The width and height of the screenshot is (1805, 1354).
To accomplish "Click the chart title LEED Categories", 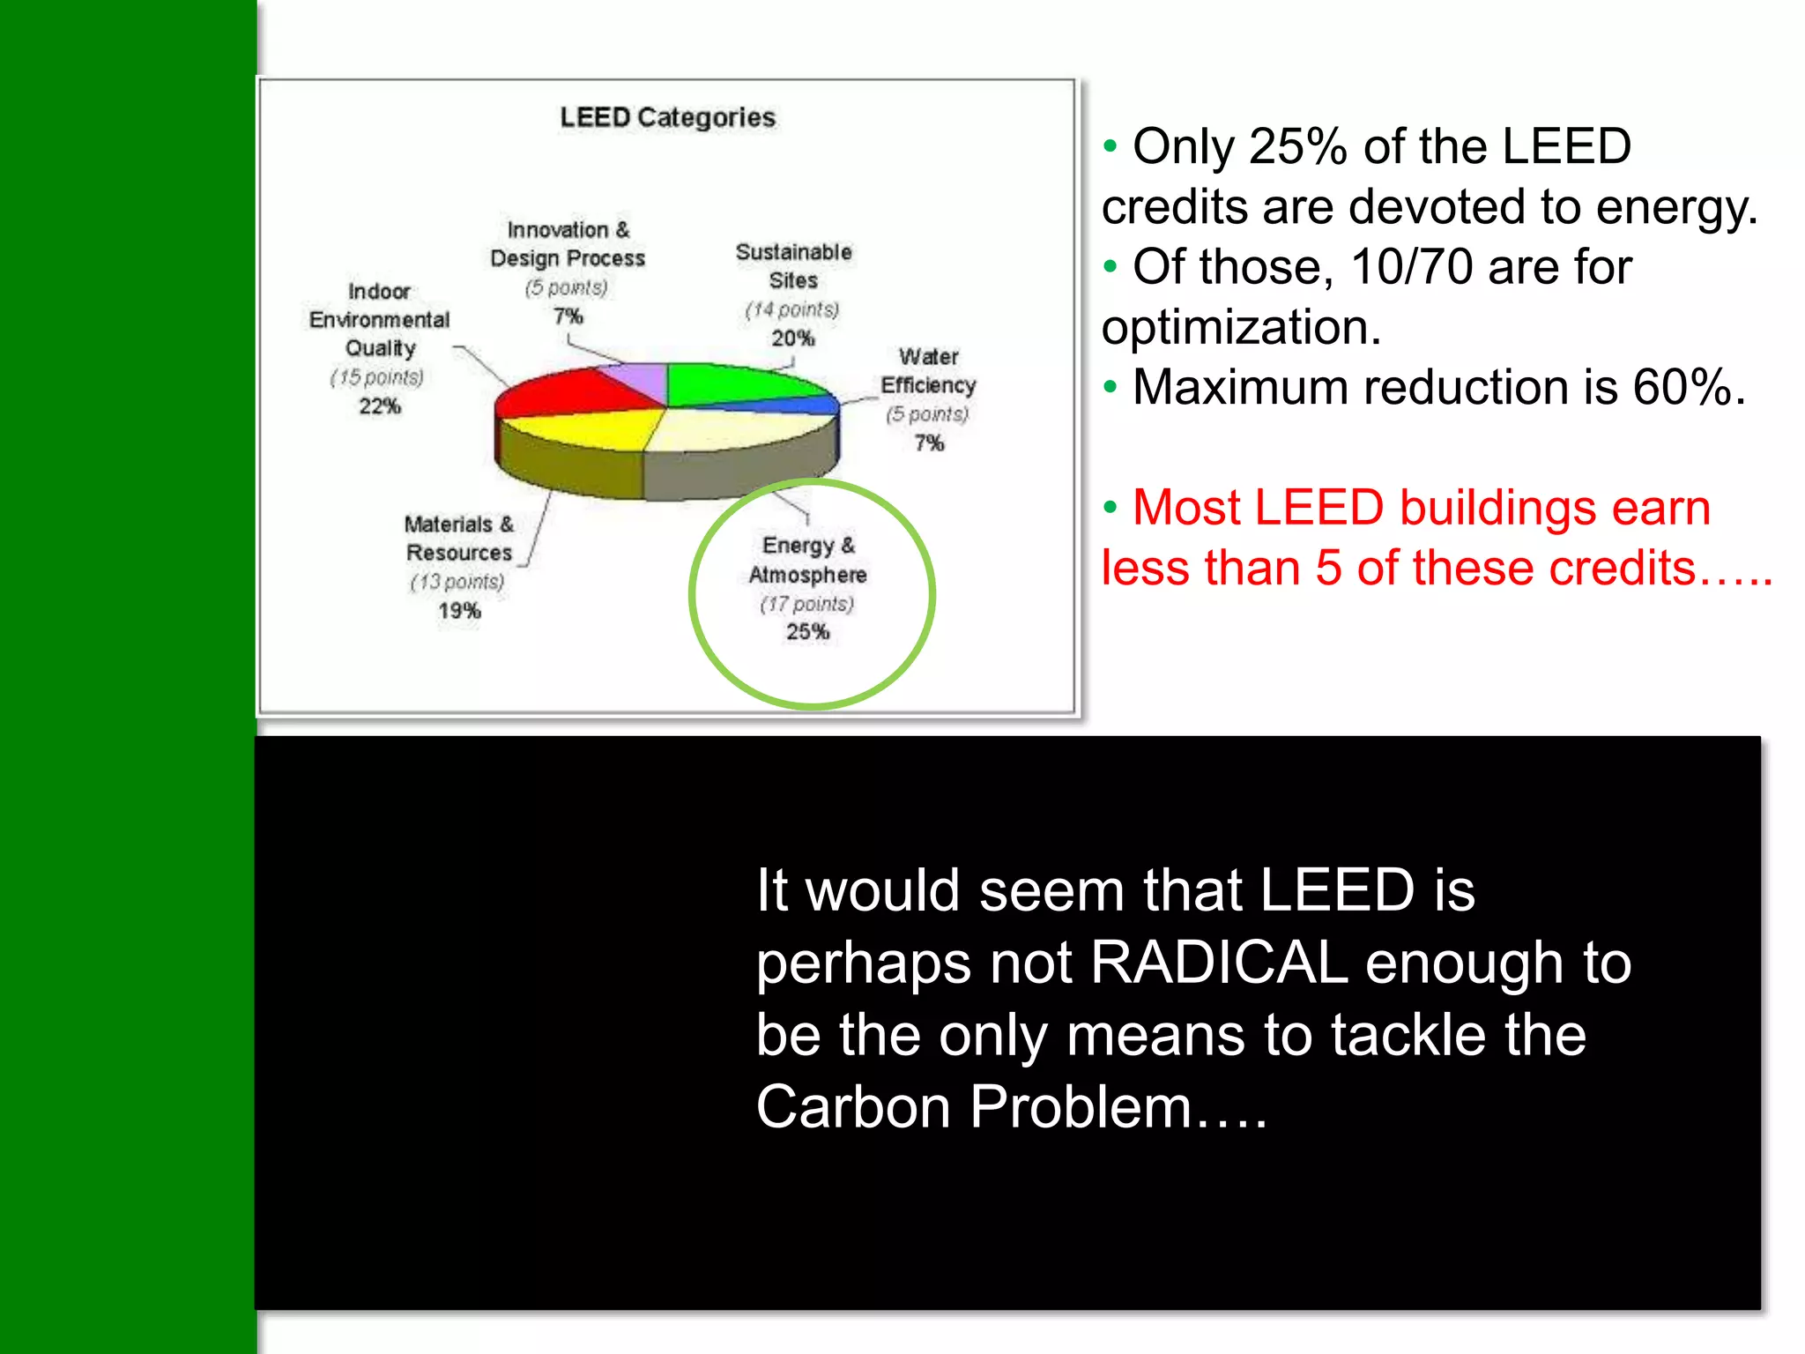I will [x=667, y=117].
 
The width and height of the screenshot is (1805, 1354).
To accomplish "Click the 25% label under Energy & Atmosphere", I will [x=807, y=631].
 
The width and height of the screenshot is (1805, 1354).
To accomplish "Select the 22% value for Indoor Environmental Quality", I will [x=380, y=405].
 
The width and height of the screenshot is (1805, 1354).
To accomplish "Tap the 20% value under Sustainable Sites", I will [x=792, y=338].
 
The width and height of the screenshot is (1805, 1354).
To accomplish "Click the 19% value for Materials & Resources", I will [x=459, y=610].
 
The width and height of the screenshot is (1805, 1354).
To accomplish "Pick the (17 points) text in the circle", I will [x=807, y=604].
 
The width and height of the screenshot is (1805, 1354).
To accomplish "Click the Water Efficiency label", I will [x=928, y=371].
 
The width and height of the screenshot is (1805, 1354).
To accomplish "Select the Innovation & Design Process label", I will [x=568, y=243].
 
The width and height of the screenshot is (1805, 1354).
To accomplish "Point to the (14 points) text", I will [x=792, y=309].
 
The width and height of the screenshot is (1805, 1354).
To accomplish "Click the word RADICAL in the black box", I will [x=1219, y=962].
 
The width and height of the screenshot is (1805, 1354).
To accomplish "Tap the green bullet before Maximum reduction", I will [x=1110, y=387].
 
